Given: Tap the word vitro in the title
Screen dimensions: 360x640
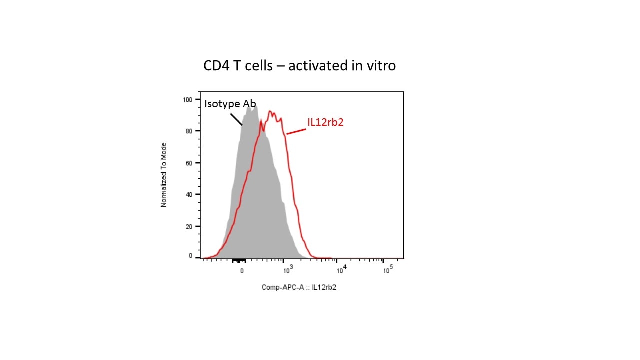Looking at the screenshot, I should point(380,65).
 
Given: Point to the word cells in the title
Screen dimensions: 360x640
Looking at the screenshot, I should point(256,65).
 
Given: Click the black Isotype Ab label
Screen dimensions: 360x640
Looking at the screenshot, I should point(230,104).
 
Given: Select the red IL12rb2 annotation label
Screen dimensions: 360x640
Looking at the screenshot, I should point(325,122).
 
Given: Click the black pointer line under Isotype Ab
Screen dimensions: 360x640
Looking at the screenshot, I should point(236,119).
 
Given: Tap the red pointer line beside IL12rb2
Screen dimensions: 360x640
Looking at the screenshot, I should point(296,131).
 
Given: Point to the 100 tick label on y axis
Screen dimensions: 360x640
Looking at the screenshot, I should point(188,99).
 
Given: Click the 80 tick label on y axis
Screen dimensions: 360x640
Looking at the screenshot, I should point(189,131).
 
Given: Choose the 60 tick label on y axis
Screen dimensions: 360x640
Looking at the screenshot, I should point(189,163).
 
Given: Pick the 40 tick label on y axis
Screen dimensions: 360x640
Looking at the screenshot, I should point(189,194).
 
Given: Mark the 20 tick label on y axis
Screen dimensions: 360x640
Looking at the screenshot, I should point(189,226).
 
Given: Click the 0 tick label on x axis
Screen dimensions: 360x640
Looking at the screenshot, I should point(242,271).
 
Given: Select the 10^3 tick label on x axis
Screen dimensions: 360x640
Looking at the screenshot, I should point(288,270).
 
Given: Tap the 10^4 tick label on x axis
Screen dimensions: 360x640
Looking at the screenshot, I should point(341,270).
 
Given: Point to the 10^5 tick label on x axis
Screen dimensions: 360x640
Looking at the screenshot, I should point(387,270).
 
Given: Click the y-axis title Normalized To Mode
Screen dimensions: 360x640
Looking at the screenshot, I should point(164,175).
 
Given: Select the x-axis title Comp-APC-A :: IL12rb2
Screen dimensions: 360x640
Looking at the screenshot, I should point(299,287).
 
